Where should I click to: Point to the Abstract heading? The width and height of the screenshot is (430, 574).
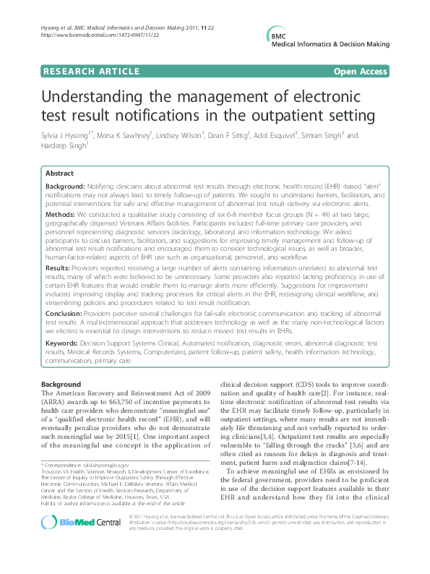[59, 174]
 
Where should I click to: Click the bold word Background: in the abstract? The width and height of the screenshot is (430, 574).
[65, 186]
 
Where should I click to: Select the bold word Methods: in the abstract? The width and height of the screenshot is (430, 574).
[61, 215]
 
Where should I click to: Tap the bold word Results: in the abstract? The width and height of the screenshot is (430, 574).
[59, 267]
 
